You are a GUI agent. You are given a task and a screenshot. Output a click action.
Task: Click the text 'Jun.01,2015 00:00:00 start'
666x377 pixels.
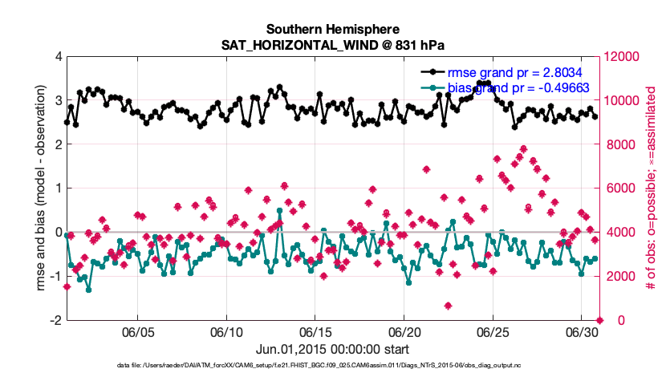(332, 350)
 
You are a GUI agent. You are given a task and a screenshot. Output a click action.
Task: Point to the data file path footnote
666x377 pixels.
(332, 366)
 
